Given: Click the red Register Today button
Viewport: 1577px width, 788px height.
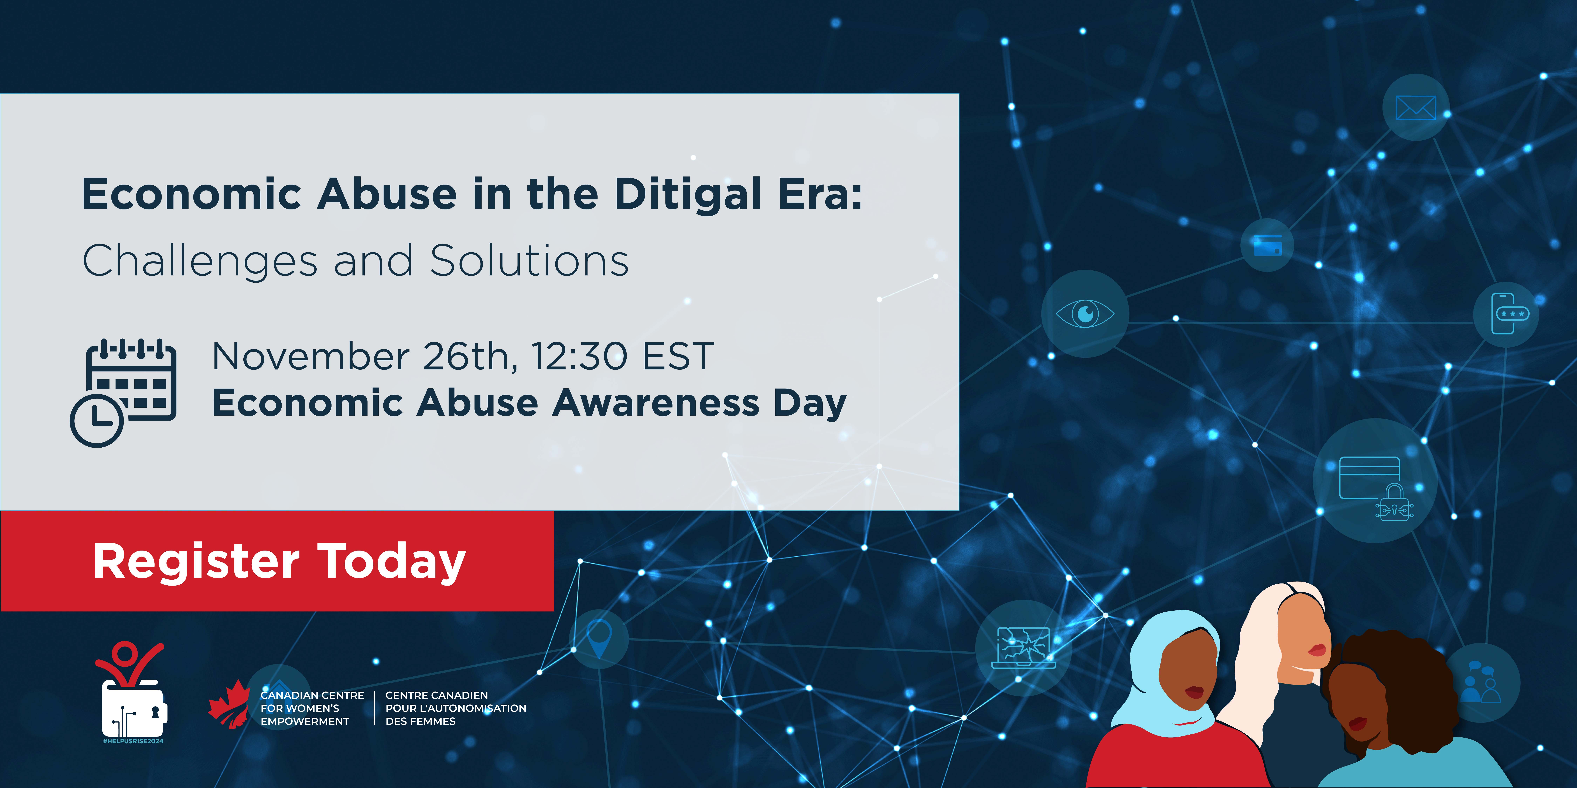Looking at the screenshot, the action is tap(277, 561).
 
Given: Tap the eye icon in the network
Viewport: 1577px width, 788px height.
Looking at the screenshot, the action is tap(1085, 314).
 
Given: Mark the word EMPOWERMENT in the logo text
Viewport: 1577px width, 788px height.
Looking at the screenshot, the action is tap(305, 721).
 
